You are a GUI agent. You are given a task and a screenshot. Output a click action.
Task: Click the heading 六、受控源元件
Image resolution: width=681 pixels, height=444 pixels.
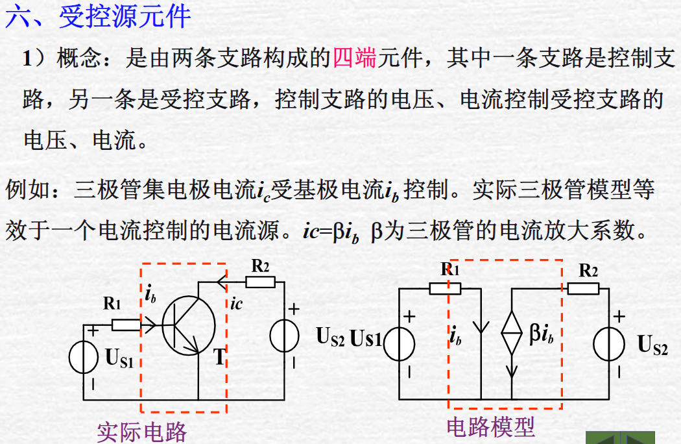coord(98,16)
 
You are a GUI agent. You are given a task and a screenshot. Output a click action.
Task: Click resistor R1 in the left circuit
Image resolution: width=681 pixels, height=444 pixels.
coord(126,325)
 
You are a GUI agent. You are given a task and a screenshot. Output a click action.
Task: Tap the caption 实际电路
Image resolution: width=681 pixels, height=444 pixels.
coord(141,432)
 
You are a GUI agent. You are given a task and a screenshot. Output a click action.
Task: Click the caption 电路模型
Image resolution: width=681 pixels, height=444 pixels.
coord(490,426)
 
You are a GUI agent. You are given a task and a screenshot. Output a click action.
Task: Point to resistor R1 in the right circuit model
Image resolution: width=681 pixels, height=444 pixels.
coord(446,288)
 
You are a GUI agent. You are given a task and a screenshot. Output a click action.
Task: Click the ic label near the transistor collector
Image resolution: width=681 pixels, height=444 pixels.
coord(237,303)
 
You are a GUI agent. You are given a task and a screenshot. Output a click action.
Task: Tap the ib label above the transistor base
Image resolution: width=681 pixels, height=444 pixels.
coord(151,295)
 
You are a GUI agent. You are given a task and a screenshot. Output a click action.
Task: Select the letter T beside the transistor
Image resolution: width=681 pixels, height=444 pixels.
coord(219,356)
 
